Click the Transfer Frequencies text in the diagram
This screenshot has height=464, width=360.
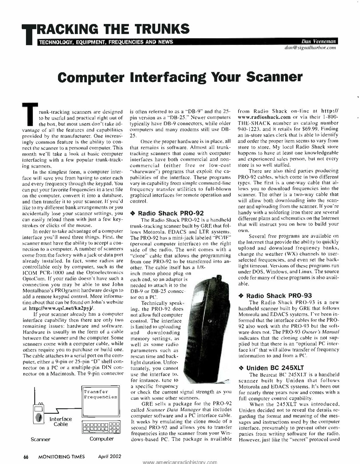100,394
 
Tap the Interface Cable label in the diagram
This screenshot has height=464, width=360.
60,421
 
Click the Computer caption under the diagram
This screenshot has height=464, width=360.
101,439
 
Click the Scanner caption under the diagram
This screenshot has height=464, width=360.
41,439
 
